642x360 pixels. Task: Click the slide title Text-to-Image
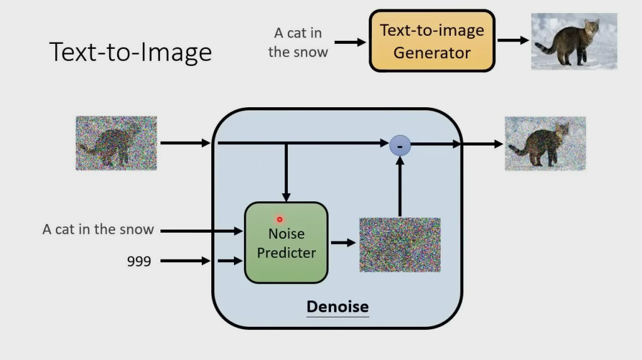tap(130, 51)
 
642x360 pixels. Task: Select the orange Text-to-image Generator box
tap(432, 41)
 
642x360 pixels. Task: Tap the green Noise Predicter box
tap(286, 243)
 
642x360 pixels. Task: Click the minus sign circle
tap(400, 146)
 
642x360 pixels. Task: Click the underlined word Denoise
tap(337, 307)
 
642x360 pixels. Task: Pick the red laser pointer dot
tap(280, 220)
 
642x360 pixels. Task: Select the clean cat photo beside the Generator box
tap(574, 41)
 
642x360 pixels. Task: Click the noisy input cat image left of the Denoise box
tap(116, 143)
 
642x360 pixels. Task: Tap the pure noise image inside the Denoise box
tap(399, 245)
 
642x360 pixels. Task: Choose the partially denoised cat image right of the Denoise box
tap(545, 144)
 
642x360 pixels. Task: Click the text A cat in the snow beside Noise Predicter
tap(98, 230)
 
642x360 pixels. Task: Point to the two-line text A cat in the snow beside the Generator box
tap(298, 42)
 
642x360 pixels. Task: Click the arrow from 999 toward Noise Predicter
tap(185, 260)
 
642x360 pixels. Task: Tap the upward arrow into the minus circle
tap(399, 188)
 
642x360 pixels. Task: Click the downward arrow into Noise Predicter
tap(286, 172)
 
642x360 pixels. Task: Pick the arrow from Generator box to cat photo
tap(513, 41)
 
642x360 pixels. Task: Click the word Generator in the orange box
tap(432, 52)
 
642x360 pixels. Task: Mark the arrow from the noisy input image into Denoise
tap(185, 143)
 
